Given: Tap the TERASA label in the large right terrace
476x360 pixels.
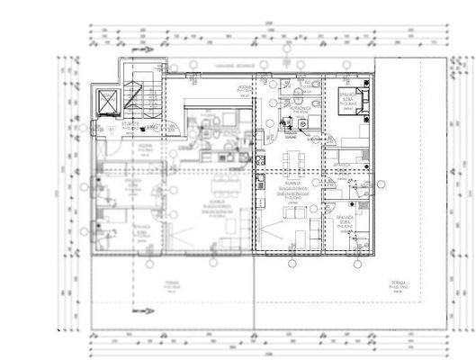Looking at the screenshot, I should [x=395, y=286].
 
